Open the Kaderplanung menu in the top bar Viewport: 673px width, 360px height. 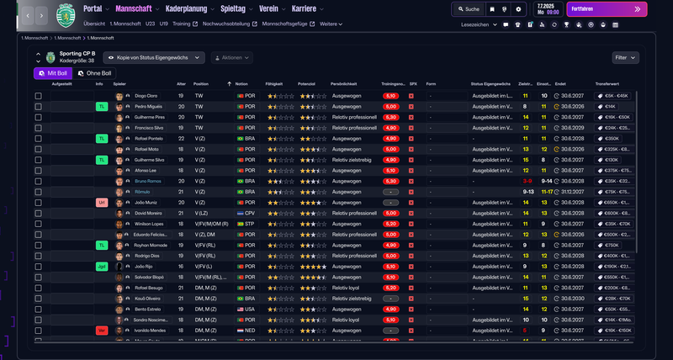(x=182, y=8)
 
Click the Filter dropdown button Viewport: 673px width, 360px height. (x=625, y=58)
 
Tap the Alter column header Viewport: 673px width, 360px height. (x=181, y=84)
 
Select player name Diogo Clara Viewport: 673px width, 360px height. (x=146, y=96)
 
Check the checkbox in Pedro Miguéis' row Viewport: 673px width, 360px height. (x=38, y=107)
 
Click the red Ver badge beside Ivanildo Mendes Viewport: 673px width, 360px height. (x=102, y=331)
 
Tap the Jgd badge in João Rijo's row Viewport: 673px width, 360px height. (x=102, y=267)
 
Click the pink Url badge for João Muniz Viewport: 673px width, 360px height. (x=102, y=203)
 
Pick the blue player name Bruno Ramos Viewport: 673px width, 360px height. (x=147, y=181)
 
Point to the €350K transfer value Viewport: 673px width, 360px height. (x=611, y=139)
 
